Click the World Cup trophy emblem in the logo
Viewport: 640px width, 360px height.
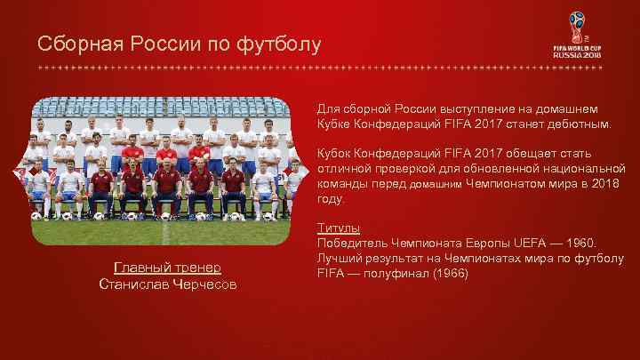(578, 25)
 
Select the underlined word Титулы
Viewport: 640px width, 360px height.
(339, 228)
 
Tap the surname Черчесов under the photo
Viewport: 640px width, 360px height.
(205, 284)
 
